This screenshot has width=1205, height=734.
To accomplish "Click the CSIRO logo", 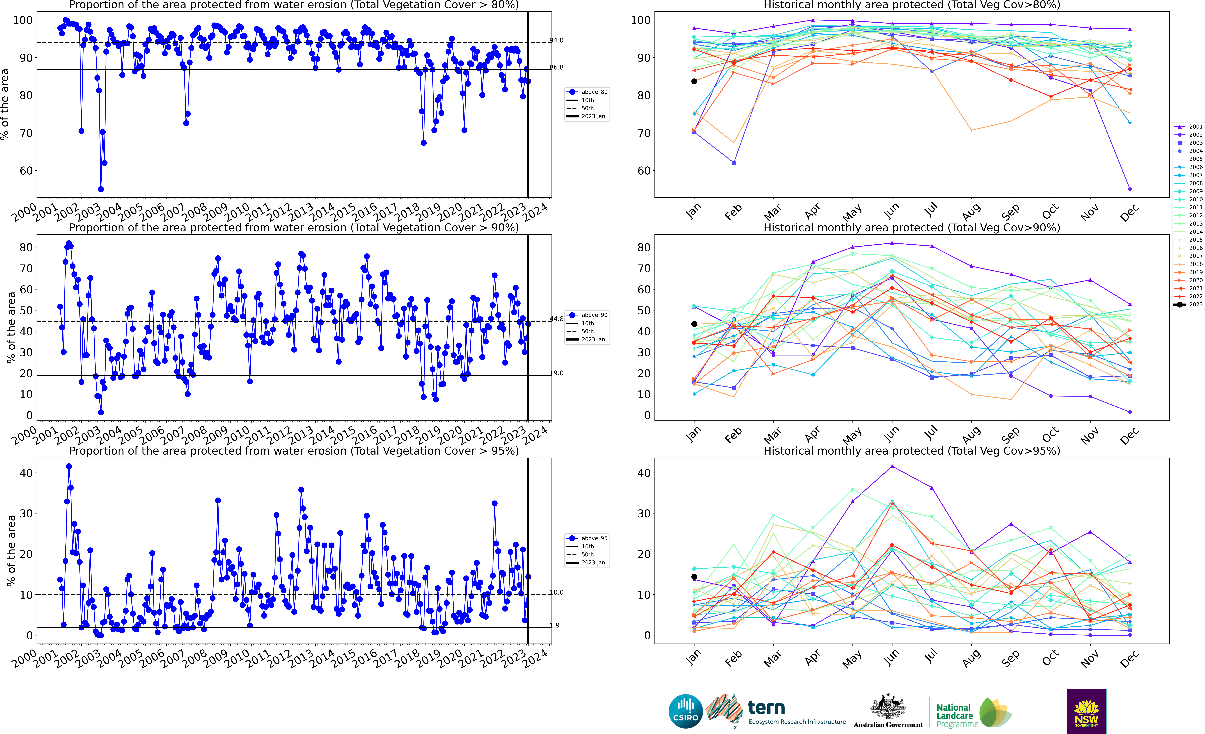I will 686,711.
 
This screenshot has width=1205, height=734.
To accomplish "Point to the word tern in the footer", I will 766,708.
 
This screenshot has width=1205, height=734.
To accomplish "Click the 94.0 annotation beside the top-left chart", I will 557,40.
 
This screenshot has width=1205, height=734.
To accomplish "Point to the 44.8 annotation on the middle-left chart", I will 557,319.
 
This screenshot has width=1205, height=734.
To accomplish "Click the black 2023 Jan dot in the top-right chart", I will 694,81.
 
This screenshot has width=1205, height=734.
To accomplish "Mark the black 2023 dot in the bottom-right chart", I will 694,577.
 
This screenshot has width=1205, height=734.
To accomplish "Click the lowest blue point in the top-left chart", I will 101,189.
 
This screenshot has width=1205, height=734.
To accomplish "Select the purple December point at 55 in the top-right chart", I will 1130,189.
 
